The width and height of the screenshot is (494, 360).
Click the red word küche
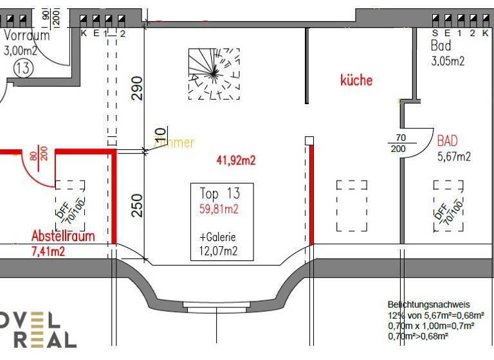click(356, 80)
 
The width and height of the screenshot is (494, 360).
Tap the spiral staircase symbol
click(215, 75)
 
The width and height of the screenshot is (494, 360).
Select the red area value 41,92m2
click(235, 160)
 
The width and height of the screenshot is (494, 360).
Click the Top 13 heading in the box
click(219, 194)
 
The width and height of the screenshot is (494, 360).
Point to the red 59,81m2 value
click(219, 209)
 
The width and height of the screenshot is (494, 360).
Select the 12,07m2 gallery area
click(214, 252)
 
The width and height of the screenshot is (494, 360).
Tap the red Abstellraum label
click(63, 236)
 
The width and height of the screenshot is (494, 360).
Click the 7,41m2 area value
click(48, 251)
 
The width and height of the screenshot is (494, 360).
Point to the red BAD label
click(447, 141)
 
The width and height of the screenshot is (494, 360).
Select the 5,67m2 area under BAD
click(454, 156)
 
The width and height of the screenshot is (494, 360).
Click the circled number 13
click(23, 69)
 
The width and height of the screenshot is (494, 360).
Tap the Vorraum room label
click(26, 35)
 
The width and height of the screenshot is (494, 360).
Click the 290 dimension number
click(137, 88)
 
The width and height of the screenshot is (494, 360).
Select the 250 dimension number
click(137, 205)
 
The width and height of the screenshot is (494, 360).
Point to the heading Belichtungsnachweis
click(428, 305)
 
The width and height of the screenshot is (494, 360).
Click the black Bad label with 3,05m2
click(441, 46)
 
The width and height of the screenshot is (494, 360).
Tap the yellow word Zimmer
click(174, 143)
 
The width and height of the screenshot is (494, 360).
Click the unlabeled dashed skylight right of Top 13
click(352, 205)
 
